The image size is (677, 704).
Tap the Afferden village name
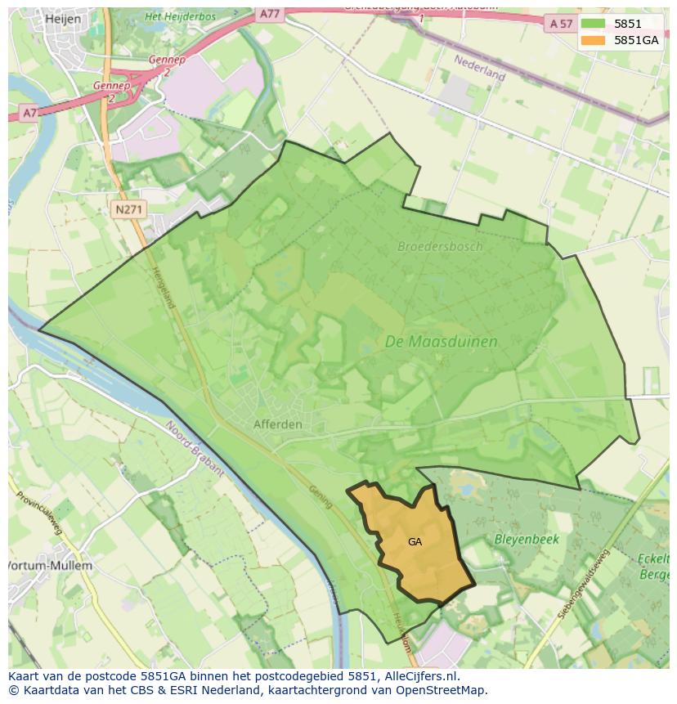(277, 424)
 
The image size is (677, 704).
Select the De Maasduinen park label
(441, 342)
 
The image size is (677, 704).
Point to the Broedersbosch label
(440, 246)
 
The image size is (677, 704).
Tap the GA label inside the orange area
(415, 541)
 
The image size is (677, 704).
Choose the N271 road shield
(129, 210)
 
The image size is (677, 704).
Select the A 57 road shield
(561, 24)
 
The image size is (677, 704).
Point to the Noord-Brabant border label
(195, 447)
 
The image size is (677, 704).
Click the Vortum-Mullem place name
(51, 565)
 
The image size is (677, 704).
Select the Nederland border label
(480, 67)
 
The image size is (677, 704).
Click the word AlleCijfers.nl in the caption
(420, 676)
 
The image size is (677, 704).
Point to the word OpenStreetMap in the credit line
(442, 690)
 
